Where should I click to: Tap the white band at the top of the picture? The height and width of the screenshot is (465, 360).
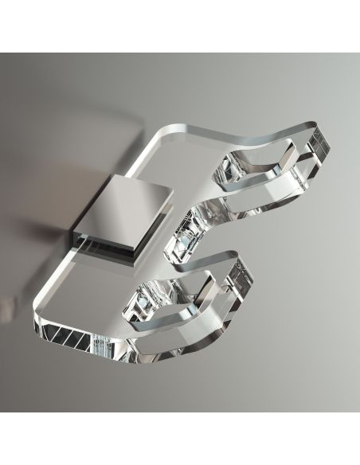click(180, 24)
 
